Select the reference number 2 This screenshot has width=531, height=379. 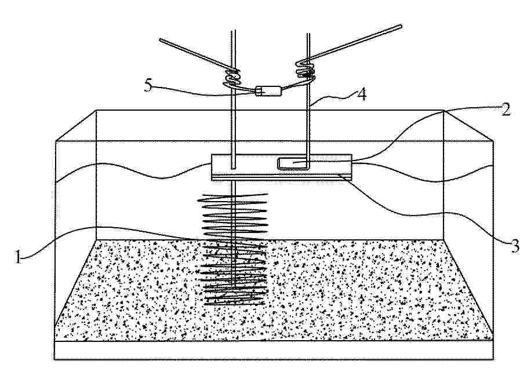click(x=505, y=110)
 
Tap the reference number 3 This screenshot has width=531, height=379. click(x=514, y=246)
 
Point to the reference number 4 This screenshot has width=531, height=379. click(x=362, y=94)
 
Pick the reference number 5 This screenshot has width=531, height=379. click(x=148, y=85)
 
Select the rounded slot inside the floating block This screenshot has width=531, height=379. click(x=293, y=163)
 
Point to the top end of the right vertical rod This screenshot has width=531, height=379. click(x=308, y=34)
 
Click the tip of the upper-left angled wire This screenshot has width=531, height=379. click(x=161, y=41)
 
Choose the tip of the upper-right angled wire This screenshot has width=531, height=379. click(x=401, y=26)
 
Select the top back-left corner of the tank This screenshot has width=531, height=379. click(x=96, y=111)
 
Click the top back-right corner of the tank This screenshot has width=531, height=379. click(x=444, y=111)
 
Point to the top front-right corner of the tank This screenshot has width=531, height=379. click(x=493, y=140)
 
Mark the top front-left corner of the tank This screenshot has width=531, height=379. click(x=55, y=140)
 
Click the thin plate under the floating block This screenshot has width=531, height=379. click(x=281, y=177)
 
